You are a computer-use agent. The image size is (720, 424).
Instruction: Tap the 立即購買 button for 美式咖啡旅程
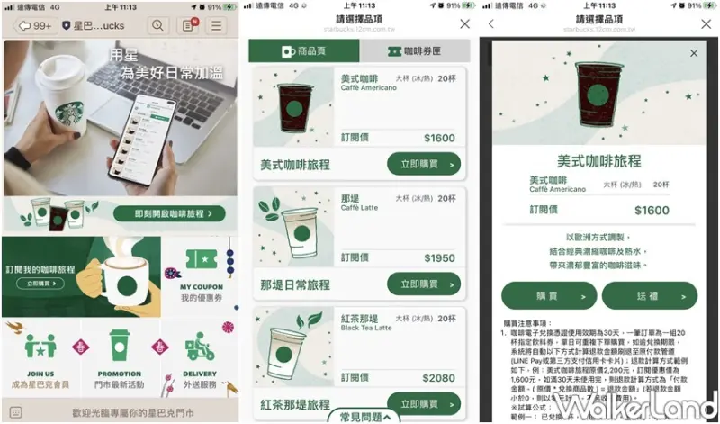(x=424, y=164)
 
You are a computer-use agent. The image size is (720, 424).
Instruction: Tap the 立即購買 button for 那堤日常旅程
(x=424, y=284)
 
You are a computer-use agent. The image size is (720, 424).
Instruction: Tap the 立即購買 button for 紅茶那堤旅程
(x=424, y=403)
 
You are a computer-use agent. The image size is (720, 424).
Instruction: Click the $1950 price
(x=438, y=258)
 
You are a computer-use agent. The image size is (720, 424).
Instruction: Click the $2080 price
(x=438, y=378)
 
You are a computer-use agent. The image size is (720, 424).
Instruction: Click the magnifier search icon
(x=157, y=25)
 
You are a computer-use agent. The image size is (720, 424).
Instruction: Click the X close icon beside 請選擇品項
(x=464, y=24)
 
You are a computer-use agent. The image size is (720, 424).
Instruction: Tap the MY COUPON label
(x=202, y=287)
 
